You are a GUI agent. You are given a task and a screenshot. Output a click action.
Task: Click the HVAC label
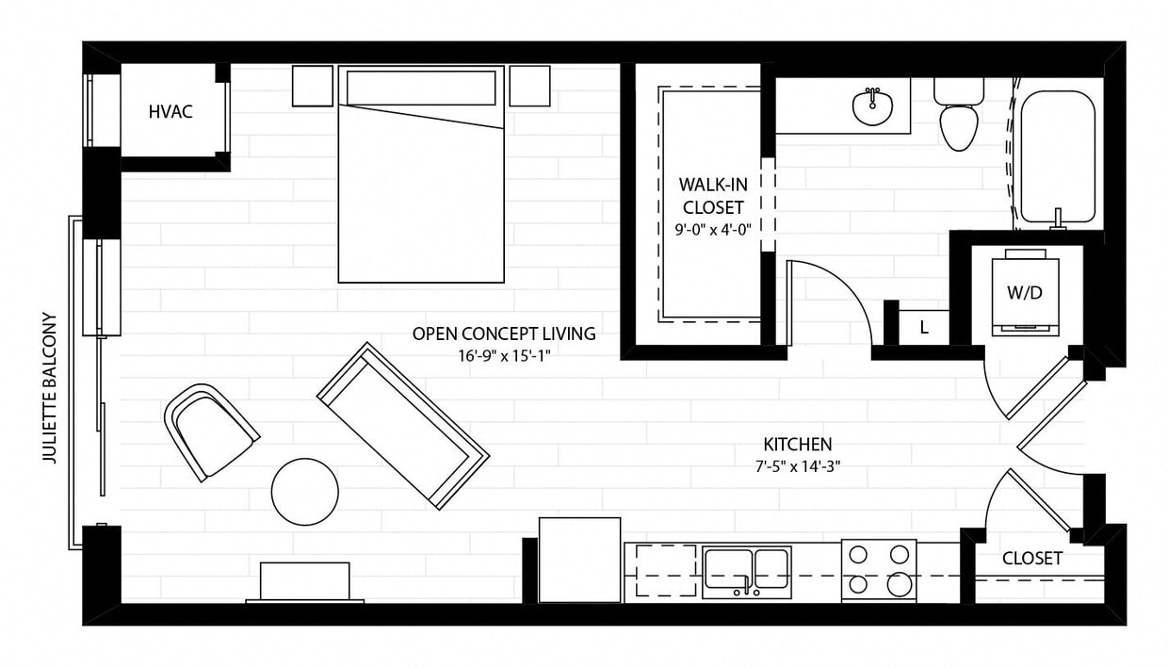click(170, 112)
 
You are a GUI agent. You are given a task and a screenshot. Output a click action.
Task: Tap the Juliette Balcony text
click(51, 388)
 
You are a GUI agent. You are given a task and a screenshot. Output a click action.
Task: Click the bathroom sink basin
click(873, 106)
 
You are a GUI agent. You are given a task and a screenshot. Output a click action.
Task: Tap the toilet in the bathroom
click(959, 122)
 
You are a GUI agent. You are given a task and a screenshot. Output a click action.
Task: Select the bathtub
click(1058, 155)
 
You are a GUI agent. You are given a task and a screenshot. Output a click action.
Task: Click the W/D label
click(1025, 292)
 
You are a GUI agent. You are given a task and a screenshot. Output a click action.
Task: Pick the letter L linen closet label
click(924, 328)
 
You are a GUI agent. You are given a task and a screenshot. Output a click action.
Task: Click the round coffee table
click(304, 492)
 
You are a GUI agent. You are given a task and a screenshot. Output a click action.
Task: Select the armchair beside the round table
click(211, 431)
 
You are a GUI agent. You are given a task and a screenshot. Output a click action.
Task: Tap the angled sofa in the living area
click(403, 425)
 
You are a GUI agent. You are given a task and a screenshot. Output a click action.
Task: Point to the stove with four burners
click(878, 570)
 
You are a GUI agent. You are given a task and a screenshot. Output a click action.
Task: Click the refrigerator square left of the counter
click(579, 559)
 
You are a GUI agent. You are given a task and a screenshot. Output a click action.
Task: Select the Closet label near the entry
click(1031, 559)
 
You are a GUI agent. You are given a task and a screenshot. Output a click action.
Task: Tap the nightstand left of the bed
click(312, 85)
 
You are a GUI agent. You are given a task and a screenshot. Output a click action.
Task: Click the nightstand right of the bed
click(529, 85)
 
